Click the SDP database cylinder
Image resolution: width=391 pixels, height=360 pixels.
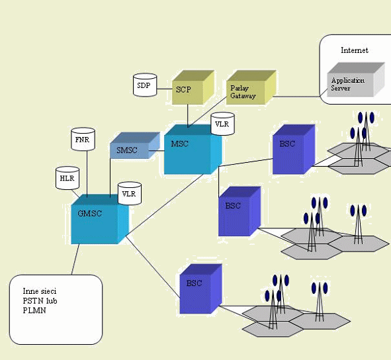tap(145, 85)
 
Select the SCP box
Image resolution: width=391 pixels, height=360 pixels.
tap(193, 87)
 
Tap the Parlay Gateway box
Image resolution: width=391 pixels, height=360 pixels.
tap(251, 87)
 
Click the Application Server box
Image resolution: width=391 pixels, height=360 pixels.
tap(356, 79)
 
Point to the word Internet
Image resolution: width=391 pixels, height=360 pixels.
tap(355, 50)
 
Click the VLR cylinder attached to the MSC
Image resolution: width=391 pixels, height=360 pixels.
tap(222, 124)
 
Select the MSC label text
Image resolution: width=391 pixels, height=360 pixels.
tap(179, 144)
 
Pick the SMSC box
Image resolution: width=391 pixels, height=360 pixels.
tap(135, 145)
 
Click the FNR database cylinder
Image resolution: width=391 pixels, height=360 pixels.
tap(83, 139)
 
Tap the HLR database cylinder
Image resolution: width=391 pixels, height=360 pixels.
tap(67, 178)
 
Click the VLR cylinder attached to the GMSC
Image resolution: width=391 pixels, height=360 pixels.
tap(130, 193)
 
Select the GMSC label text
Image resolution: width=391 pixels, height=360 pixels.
tap(89, 214)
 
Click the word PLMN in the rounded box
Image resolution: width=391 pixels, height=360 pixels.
tap(34, 310)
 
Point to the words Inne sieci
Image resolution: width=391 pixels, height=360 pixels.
tap(40, 291)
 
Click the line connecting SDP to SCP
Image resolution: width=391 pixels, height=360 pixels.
tap(164, 89)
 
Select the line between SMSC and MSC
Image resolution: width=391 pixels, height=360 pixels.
tap(156, 150)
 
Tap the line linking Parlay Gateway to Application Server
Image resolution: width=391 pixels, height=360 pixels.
tap(296, 97)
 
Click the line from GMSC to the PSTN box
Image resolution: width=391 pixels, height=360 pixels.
tap(75, 259)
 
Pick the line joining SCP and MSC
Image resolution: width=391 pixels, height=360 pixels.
tap(188, 116)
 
